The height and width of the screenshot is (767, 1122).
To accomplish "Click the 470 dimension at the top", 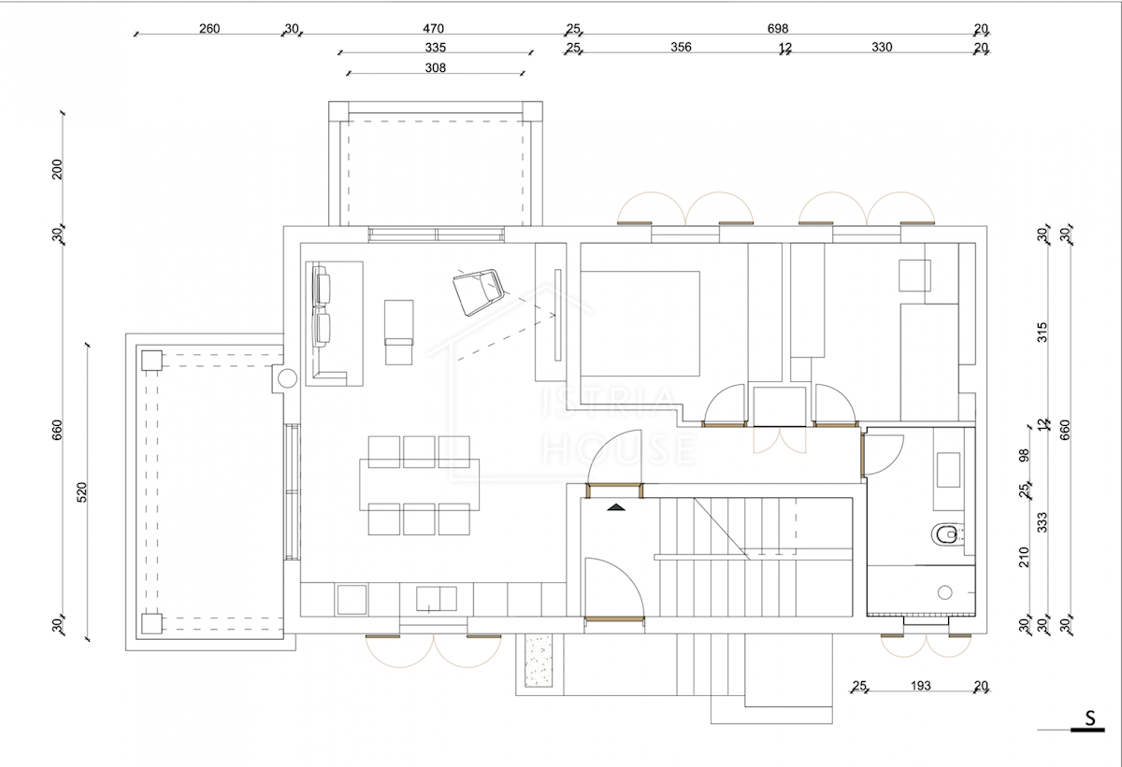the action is coord(433,29).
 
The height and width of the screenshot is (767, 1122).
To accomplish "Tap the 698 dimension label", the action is coord(777,29).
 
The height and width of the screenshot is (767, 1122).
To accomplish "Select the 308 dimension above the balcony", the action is coord(436,67).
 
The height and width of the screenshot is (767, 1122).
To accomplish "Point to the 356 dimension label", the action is coord(681,47).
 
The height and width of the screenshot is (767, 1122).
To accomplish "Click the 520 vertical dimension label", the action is coord(82,491).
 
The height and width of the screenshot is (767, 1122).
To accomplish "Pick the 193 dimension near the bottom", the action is coord(920,686).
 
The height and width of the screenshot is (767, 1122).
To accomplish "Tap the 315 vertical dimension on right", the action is coord(1042,333).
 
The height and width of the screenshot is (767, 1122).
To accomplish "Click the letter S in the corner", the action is coord(1090,718).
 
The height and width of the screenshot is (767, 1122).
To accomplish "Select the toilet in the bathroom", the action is coord(948,534).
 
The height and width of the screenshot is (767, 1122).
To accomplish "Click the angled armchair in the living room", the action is coord(479,292).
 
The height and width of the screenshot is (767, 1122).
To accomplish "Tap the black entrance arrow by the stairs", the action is coord(616,507).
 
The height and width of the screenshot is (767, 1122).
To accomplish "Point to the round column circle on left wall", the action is coord(287,378).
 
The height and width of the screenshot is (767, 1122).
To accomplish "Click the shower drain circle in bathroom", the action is coord(944,592).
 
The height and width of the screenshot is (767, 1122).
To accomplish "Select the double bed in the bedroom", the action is coord(640,324).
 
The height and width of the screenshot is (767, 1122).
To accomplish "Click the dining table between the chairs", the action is coord(419,485).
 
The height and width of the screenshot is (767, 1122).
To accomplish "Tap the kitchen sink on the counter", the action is coord(437,599).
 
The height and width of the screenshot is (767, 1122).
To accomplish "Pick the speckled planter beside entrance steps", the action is coord(539,660).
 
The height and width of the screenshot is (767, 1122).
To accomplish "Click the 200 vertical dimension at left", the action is coord(57,169).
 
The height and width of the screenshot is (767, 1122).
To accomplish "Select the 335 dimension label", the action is coord(436,48).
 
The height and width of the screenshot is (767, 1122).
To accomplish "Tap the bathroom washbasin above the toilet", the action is coord(948,470).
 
